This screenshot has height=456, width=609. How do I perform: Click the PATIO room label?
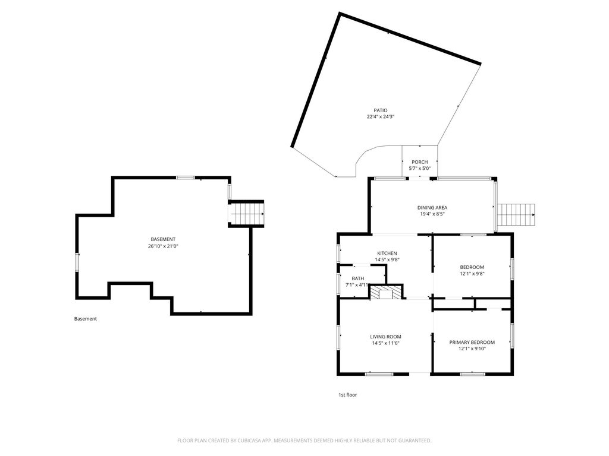pyautogui.click(x=380, y=110)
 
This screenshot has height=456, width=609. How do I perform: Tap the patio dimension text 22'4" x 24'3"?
pyautogui.click(x=381, y=117)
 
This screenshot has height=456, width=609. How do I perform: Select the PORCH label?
pyautogui.click(x=419, y=162)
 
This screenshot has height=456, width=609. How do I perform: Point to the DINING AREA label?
pyautogui.click(x=432, y=208)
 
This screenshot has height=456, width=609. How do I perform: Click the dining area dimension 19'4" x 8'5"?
pyautogui.click(x=432, y=214)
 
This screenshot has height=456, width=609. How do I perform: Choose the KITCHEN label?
pyautogui.click(x=387, y=254)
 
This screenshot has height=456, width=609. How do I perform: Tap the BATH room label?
pyautogui.click(x=357, y=278)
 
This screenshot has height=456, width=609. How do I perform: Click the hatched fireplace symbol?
pyautogui.click(x=386, y=292)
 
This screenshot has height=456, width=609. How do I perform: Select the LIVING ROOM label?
pyautogui.click(x=385, y=337)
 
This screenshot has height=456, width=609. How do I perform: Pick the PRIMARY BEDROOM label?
pyautogui.click(x=472, y=343)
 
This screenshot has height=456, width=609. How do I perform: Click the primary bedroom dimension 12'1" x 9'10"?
pyautogui.click(x=472, y=349)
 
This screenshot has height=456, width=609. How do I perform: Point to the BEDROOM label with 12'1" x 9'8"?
pyautogui.click(x=472, y=267)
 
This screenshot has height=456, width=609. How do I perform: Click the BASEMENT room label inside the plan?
pyautogui.click(x=163, y=240)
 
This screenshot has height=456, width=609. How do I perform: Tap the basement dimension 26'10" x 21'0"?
pyautogui.click(x=163, y=246)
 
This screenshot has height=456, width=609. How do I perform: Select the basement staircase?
pyautogui.click(x=246, y=214)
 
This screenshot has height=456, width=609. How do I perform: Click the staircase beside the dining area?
pyautogui.click(x=516, y=214)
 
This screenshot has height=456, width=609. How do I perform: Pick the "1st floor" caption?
pyautogui.click(x=347, y=395)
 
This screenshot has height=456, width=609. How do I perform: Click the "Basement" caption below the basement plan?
pyautogui.click(x=86, y=319)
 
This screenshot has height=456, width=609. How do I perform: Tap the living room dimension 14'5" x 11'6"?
pyautogui.click(x=385, y=343)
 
